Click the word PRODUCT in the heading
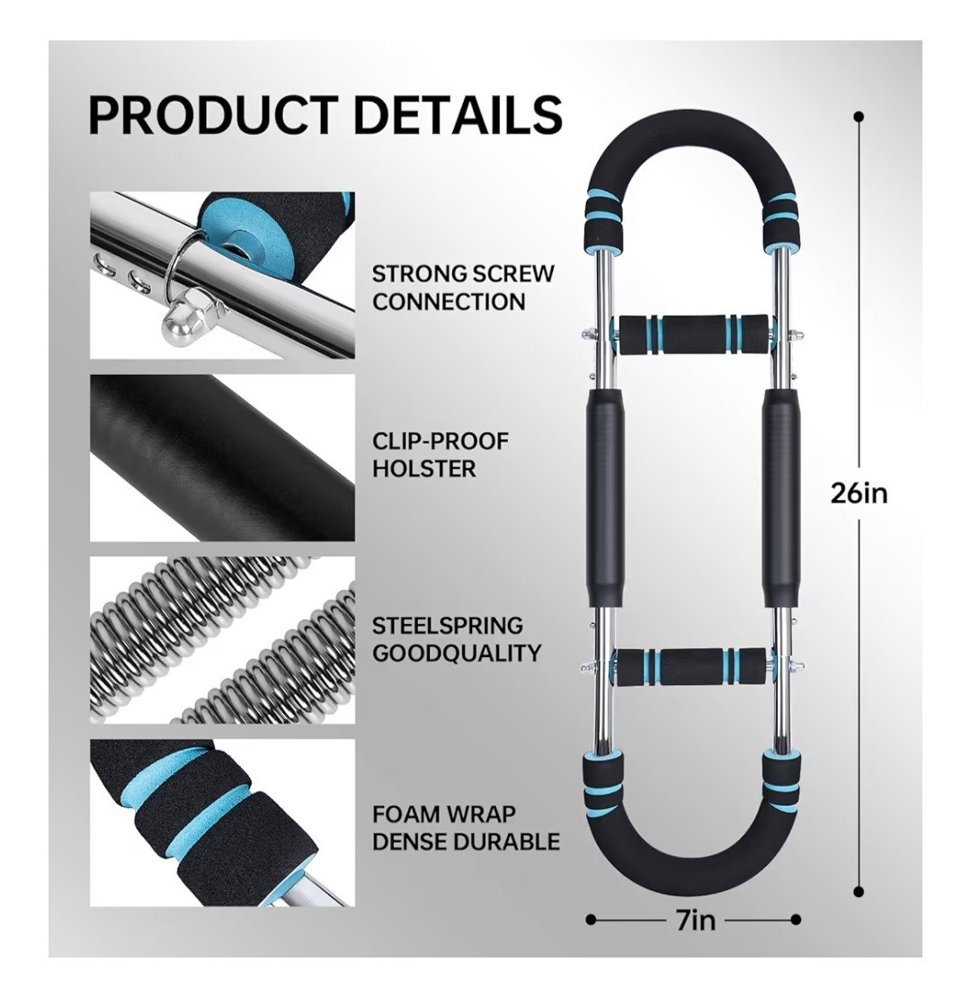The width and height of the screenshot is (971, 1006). tap(212, 115)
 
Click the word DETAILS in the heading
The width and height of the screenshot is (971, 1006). tap(457, 115)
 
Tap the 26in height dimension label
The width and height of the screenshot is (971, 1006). tap(859, 493)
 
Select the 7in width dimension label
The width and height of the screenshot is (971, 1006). tap(692, 921)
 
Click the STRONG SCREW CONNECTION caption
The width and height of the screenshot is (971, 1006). tap(463, 288)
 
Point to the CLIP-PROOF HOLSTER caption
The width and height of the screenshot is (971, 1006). tap(441, 455)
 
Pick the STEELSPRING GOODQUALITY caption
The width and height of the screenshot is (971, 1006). tap(457, 638)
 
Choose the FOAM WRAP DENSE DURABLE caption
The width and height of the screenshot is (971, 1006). tap(466, 828)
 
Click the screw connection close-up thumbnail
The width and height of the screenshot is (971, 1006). tap(222, 275)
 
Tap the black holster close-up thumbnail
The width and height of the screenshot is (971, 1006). tap(222, 458)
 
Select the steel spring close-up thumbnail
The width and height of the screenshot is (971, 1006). tap(222, 640)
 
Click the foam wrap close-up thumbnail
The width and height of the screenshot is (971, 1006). tap(222, 823)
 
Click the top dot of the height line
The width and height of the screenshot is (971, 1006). tap(859, 117)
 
